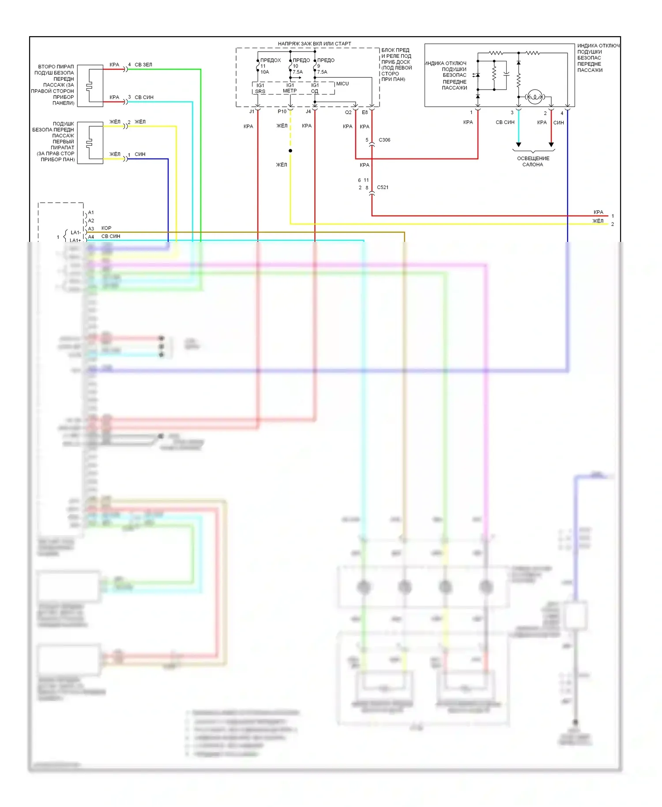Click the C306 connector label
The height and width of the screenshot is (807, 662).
pyautogui.click(x=384, y=140)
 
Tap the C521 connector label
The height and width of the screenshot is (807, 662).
pyautogui.click(x=383, y=187)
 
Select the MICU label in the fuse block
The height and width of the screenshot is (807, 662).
pyautogui.click(x=342, y=83)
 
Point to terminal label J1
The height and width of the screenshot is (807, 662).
pyautogui.click(x=252, y=112)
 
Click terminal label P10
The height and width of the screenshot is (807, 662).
pyautogui.click(x=282, y=112)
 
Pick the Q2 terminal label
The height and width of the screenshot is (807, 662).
pyautogui.click(x=348, y=112)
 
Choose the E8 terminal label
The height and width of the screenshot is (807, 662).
pyautogui.click(x=365, y=112)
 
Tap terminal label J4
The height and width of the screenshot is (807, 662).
pyautogui.click(x=308, y=112)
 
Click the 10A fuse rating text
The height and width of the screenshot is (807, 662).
pyautogui.click(x=265, y=72)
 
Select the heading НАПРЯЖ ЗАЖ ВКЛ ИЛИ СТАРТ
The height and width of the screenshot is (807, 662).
pyautogui.click(x=314, y=44)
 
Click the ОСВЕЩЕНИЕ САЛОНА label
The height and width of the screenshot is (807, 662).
pyautogui.click(x=533, y=161)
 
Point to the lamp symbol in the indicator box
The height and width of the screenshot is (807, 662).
pyautogui.click(x=535, y=97)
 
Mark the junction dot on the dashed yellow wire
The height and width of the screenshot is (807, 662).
pyautogui.click(x=290, y=151)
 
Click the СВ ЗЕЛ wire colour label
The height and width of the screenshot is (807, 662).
pyautogui.click(x=143, y=65)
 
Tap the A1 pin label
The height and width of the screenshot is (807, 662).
pyautogui.click(x=91, y=212)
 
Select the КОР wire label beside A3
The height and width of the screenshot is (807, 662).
pyautogui.click(x=106, y=228)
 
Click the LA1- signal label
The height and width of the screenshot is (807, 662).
pyautogui.click(x=75, y=233)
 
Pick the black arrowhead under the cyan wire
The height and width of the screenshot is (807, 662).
pyautogui.click(x=519, y=144)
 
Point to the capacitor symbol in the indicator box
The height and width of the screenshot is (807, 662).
pyautogui.click(x=506, y=74)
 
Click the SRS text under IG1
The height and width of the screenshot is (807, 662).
pyautogui.click(x=260, y=91)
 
